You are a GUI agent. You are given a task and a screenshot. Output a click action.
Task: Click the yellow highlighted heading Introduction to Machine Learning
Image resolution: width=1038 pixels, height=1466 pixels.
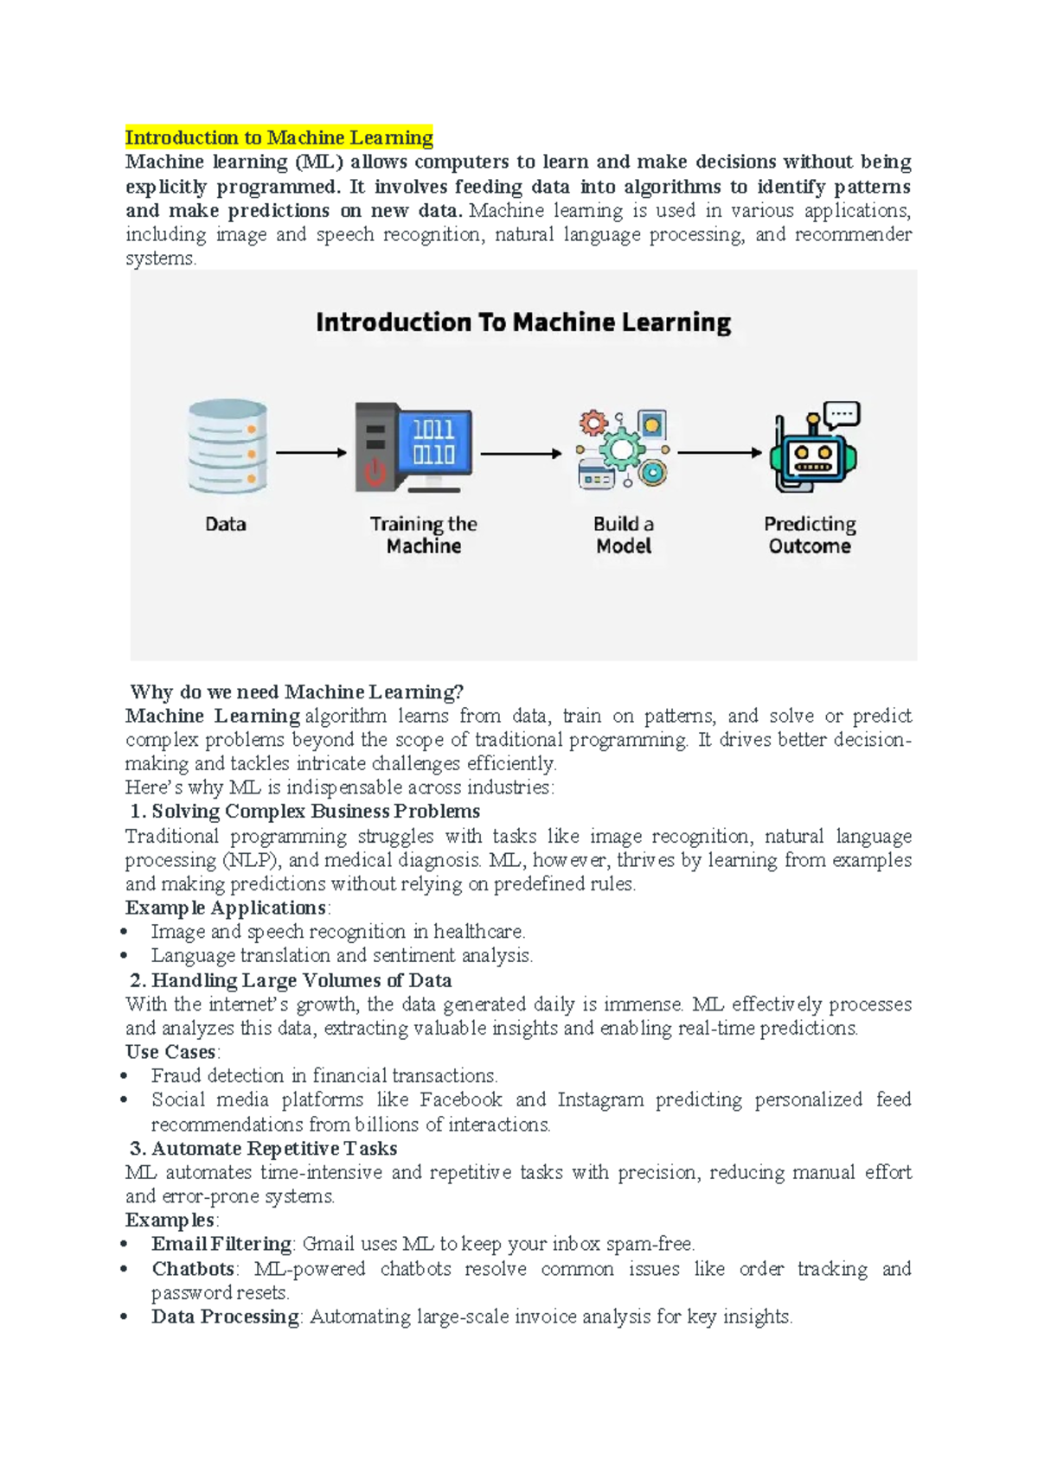pos(279,137)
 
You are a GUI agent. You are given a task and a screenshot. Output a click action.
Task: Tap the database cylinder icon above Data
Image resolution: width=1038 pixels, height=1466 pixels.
pos(227,446)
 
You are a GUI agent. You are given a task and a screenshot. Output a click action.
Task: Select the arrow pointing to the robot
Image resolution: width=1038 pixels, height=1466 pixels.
pos(720,452)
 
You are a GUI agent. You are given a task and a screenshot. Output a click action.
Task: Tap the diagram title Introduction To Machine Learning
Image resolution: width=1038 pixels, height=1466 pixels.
pos(523,322)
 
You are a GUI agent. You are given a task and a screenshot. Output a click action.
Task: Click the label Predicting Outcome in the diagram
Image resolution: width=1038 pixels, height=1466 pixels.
pos(810,535)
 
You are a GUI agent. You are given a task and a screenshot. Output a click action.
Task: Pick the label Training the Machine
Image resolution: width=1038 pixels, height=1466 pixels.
pos(424,535)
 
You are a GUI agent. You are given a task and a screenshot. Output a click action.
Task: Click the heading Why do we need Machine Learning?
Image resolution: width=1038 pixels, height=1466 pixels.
pos(297,692)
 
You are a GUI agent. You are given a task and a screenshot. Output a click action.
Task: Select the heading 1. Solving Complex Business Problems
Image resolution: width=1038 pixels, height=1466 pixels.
pos(304,811)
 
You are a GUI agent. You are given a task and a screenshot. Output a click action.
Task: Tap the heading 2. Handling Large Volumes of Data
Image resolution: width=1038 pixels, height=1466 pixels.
pos(291,980)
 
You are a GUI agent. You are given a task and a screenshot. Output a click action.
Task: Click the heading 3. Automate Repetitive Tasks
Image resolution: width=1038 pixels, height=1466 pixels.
pos(263,1148)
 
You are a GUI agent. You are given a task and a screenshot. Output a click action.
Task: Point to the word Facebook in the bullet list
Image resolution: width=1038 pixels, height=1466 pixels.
pos(460,1099)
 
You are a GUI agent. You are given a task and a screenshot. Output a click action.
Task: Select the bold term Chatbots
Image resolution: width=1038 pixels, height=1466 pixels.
pos(193,1269)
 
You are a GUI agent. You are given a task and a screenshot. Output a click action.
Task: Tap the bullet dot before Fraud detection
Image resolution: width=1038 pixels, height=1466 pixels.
pos(125,1077)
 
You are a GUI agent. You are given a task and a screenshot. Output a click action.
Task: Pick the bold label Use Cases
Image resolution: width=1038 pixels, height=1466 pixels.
pos(170,1052)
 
